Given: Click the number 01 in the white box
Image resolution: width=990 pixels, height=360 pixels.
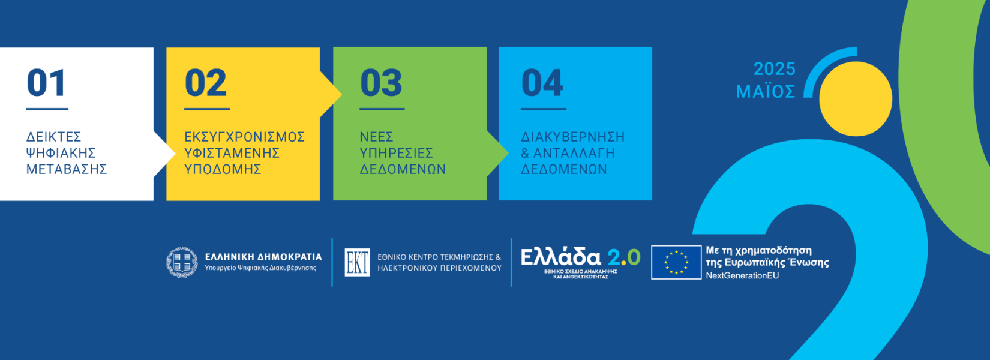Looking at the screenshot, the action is click(x=46, y=83).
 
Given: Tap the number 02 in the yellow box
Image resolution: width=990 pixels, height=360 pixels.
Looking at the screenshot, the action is click(x=206, y=83).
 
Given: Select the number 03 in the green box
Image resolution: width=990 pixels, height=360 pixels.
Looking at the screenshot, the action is click(x=381, y=83).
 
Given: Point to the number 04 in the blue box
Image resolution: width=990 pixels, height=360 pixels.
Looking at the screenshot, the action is click(x=542, y=83).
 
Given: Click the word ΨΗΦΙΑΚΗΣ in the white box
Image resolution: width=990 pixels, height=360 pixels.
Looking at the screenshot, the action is click(x=61, y=153).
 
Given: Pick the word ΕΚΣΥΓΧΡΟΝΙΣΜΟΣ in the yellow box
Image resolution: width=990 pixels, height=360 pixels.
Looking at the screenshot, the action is click(x=244, y=137).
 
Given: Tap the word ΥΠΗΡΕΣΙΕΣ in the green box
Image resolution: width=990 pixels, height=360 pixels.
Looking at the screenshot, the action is click(x=397, y=153).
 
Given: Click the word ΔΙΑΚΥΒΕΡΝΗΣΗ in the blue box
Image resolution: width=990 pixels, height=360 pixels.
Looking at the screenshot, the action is click(x=573, y=137).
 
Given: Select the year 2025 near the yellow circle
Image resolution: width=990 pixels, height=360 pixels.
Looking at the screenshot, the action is click(x=775, y=69).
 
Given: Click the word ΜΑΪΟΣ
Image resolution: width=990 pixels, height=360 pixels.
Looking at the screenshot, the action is click(x=766, y=91).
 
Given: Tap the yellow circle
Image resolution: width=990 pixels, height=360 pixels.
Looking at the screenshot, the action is click(x=856, y=99).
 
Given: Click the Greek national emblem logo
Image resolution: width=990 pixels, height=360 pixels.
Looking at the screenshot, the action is click(x=182, y=262).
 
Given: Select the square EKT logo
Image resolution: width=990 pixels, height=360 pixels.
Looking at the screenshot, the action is click(x=357, y=262).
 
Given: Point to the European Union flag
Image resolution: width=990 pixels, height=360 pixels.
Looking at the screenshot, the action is click(x=676, y=262).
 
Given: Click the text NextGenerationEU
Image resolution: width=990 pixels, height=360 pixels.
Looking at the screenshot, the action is click(x=743, y=275).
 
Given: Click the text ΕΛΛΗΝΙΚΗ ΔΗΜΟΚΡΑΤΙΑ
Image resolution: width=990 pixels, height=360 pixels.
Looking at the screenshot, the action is click(x=263, y=257).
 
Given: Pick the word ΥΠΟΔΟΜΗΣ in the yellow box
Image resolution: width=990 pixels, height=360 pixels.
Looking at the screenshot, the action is click(x=223, y=169).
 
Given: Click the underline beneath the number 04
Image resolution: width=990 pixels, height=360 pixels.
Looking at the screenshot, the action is click(x=543, y=109).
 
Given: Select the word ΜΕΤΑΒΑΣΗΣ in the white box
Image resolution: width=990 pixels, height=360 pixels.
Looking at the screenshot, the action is click(x=67, y=169).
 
